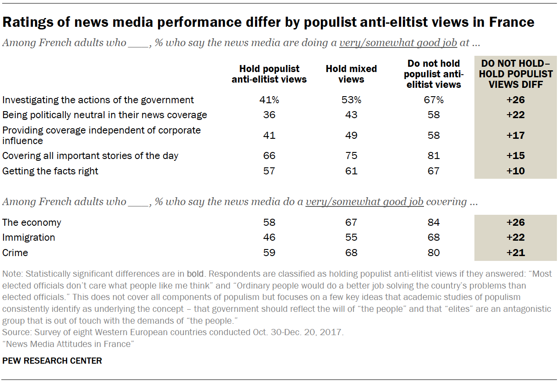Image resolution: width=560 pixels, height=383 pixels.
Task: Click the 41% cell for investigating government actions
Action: pyautogui.click(x=269, y=100)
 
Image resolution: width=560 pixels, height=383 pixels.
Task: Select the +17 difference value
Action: pyautogui.click(x=515, y=135)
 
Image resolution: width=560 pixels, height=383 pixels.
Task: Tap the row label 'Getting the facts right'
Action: pyautogui.click(x=50, y=171)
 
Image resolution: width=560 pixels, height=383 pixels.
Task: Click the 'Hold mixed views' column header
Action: pyautogui.click(x=351, y=74)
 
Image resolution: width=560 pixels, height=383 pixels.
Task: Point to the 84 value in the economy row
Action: pyautogui.click(x=433, y=222)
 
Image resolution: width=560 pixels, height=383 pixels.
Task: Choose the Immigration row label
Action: pyautogui.click(x=29, y=237)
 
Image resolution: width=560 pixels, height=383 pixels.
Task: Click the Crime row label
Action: pyautogui.click(x=15, y=253)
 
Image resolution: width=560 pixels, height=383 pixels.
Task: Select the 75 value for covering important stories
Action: pyautogui.click(x=351, y=155)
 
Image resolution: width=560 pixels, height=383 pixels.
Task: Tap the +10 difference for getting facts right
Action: pyautogui.click(x=515, y=171)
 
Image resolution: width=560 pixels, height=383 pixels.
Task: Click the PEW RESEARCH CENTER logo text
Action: pyautogui.click(x=52, y=361)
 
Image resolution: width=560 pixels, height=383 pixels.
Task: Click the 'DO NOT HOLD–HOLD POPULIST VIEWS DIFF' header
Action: pyautogui.click(x=515, y=74)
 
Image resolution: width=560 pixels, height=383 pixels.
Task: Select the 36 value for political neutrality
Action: pyautogui.click(x=269, y=115)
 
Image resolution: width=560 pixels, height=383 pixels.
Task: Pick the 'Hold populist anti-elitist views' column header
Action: pyautogui.click(x=269, y=74)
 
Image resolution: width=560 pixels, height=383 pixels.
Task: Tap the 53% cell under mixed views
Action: pyautogui.click(x=351, y=100)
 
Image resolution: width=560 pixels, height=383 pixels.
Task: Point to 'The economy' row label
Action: pyautogui.click(x=32, y=222)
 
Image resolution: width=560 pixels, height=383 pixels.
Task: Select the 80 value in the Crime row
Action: pyautogui.click(x=433, y=253)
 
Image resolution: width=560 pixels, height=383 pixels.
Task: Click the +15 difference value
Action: pyautogui.click(x=515, y=155)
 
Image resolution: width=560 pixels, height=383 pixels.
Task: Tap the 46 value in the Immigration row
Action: pyautogui.click(x=269, y=237)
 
